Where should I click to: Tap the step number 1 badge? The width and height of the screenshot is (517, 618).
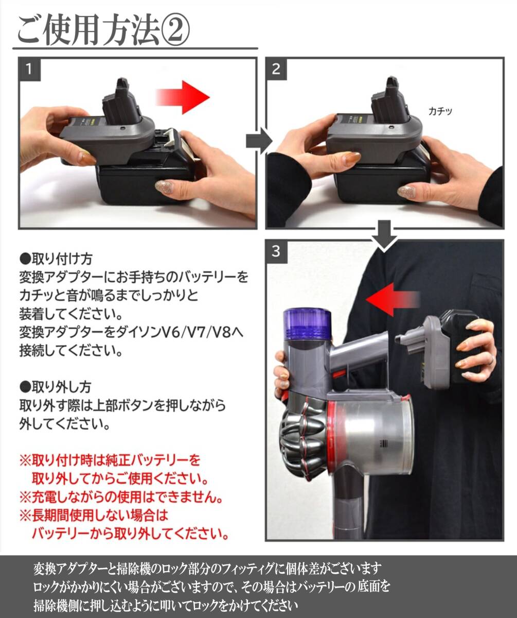[29, 69]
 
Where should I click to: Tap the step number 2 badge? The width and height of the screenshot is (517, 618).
[276, 69]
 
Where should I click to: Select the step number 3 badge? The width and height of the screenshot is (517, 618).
[276, 252]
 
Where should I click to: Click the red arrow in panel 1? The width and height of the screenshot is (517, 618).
[183, 97]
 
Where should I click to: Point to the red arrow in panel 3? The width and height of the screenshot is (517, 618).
[393, 299]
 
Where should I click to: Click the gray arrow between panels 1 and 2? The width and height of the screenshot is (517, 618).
[259, 141]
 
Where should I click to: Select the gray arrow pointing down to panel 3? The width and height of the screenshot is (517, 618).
[384, 235]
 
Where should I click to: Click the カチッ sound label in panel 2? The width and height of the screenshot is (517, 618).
[440, 111]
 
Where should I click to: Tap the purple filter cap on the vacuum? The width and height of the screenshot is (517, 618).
[306, 324]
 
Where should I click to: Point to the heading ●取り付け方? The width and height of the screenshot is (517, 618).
[56, 259]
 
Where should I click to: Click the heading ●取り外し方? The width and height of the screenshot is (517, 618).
[56, 387]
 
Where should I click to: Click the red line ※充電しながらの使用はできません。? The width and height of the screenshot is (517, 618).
[121, 497]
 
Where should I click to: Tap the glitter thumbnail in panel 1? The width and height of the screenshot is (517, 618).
[164, 187]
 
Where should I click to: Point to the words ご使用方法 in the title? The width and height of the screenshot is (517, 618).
[88, 31]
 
